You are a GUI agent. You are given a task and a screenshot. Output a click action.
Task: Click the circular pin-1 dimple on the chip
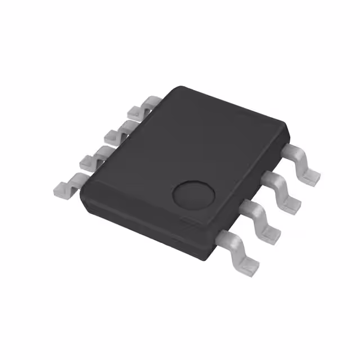coord(194,195)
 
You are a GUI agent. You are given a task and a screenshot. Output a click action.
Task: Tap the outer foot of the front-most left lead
coord(63,188)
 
